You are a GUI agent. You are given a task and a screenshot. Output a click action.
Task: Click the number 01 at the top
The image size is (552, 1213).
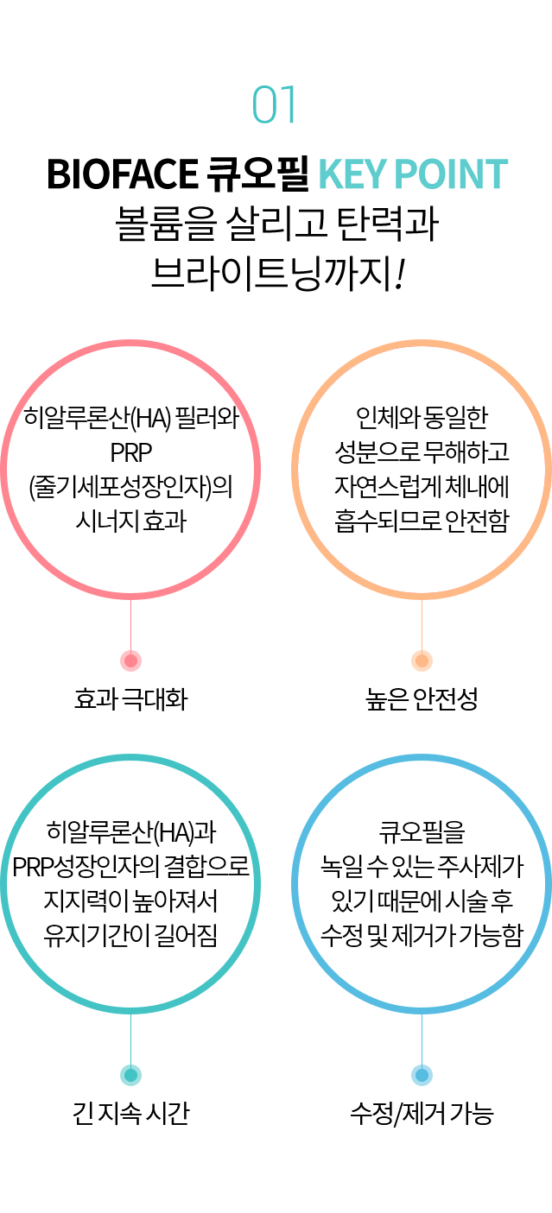(x=274, y=104)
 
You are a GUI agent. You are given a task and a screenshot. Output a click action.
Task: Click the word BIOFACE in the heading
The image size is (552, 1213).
(x=122, y=174)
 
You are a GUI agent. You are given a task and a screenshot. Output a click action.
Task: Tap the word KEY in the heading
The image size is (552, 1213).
(x=352, y=174)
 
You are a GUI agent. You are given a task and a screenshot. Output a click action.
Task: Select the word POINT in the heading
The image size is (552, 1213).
(x=451, y=174)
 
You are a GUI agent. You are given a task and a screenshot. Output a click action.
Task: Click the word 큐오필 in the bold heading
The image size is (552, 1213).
(x=257, y=174)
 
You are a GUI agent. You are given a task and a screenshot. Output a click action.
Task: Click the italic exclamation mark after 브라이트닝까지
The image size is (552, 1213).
(x=400, y=274)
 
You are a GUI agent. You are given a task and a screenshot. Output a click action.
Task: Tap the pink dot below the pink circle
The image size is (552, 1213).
(x=130, y=660)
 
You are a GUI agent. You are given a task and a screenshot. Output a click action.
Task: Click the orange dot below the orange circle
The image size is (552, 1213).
(x=422, y=660)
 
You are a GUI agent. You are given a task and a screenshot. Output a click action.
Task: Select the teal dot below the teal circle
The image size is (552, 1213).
(x=130, y=1075)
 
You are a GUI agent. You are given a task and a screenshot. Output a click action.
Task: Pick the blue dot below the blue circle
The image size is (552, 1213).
(x=422, y=1075)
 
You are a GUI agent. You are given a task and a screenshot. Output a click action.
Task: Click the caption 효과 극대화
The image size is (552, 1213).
(x=131, y=699)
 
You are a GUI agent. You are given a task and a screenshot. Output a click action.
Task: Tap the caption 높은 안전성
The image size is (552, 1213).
(x=422, y=699)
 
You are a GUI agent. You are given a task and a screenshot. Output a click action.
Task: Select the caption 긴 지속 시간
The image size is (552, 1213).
(x=131, y=1114)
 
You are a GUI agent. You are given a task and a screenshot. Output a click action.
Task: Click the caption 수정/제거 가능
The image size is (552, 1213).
(x=422, y=1114)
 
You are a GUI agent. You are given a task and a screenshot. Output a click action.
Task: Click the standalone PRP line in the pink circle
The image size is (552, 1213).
(x=131, y=452)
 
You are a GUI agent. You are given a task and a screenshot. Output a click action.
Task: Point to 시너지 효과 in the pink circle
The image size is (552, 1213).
(x=131, y=521)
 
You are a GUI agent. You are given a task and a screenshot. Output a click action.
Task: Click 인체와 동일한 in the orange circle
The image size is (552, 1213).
(x=422, y=418)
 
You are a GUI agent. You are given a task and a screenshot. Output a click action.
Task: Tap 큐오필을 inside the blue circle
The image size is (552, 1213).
(x=422, y=832)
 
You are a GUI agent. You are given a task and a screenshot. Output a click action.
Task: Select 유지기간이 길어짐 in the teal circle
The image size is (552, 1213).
(x=131, y=935)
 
